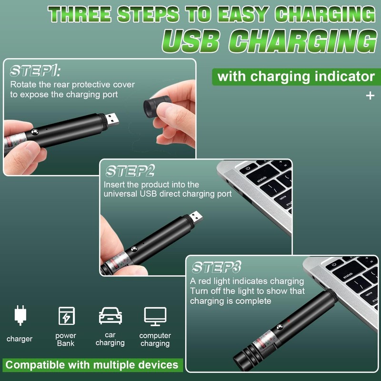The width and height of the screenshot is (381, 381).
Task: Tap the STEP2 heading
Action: pos(130,171)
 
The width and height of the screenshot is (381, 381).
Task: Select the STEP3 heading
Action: pos(216,267)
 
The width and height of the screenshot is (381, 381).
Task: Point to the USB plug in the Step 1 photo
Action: pos(111,118)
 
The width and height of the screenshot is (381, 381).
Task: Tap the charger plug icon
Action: pos(20,315)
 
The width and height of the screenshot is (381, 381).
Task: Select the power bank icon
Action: pos(66,316)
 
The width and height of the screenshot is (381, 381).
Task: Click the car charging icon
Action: pos(110,316)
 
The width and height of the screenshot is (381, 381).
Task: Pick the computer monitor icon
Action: pos(155,316)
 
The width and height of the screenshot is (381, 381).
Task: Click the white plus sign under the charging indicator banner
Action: pos(370,96)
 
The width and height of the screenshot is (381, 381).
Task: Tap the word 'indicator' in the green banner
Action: pos(341,76)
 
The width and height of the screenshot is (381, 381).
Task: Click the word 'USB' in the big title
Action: pos(195,42)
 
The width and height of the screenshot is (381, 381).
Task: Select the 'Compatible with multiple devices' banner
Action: pos(91,365)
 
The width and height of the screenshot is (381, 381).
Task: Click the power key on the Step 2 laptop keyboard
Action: pos(248,168)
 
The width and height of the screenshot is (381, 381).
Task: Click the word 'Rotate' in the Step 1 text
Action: pos(23,85)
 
